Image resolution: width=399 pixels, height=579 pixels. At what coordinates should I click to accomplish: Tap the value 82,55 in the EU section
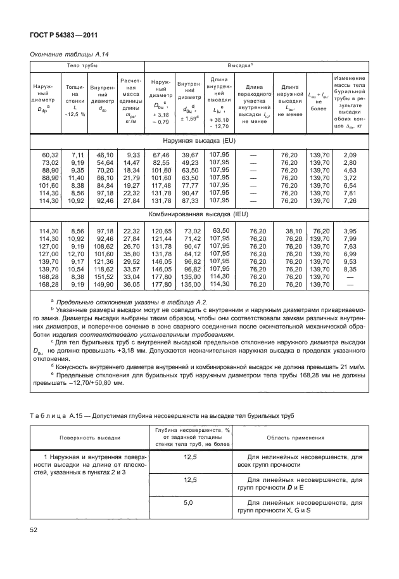pos(159,163)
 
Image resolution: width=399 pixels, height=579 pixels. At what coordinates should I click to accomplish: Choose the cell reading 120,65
pos(159,231)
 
